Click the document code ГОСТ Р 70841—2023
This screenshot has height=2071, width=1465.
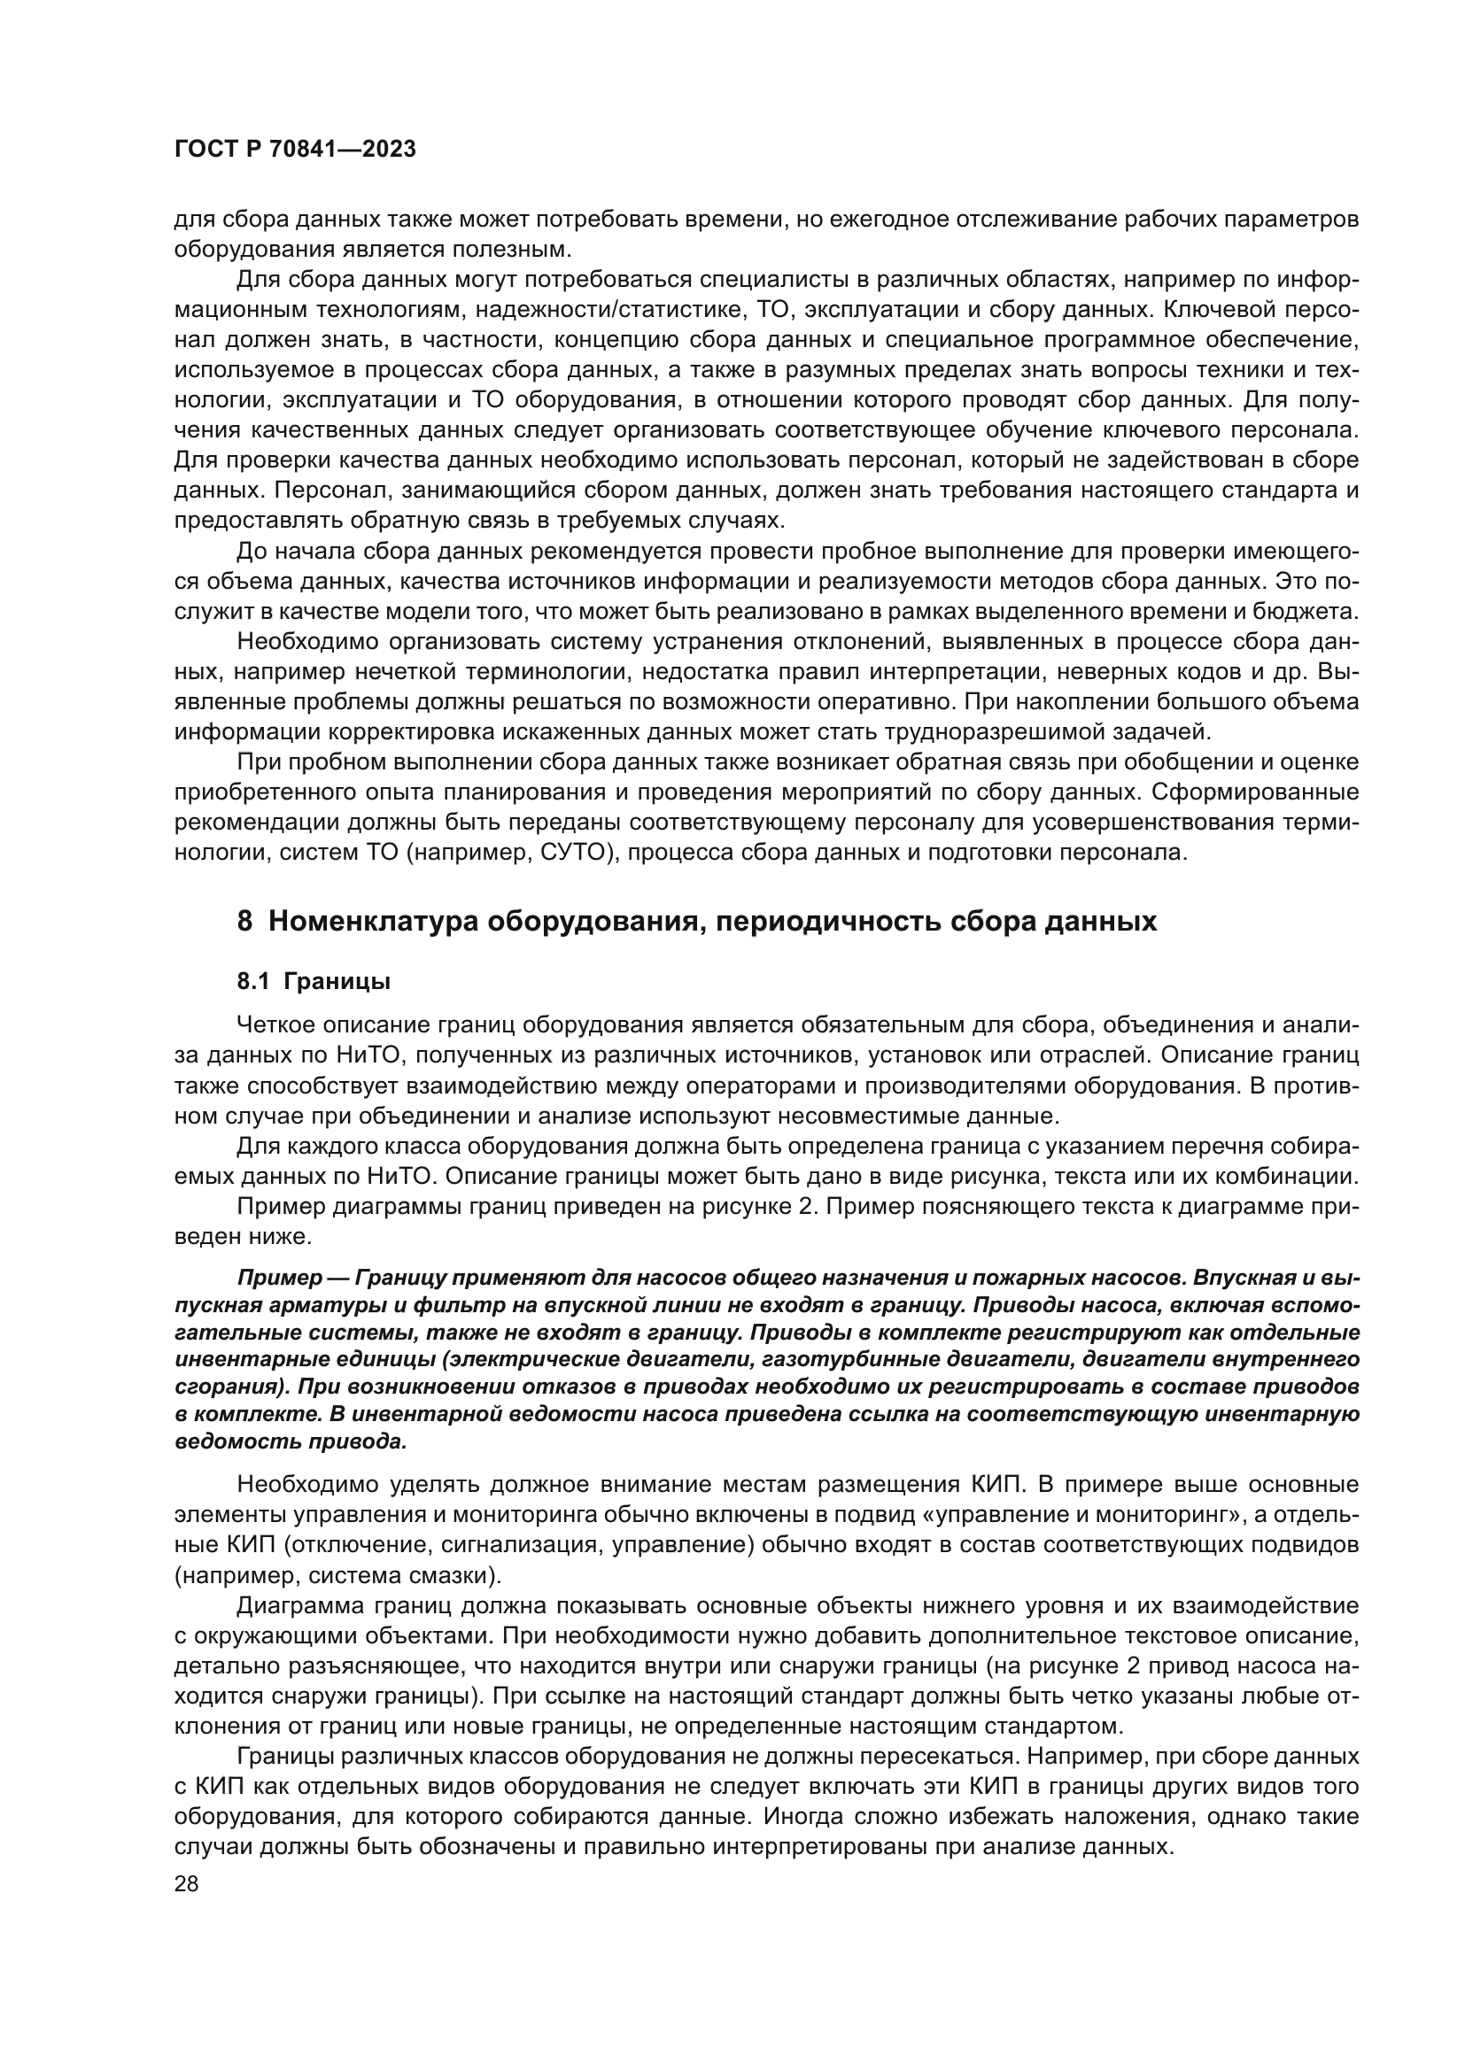[295, 150]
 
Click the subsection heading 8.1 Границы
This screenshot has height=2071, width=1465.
[313, 982]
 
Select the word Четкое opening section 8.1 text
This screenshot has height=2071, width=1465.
[281, 1025]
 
